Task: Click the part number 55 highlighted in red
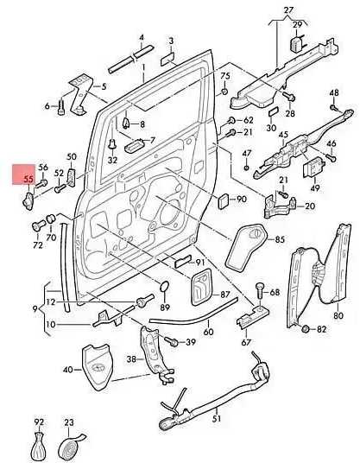coord(28,179)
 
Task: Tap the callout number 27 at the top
coord(288,10)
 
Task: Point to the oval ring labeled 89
coord(164,286)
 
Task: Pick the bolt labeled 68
coord(61,106)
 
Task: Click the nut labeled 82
coord(306,328)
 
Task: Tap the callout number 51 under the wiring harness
coord(217,418)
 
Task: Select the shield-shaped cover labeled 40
coord(97,367)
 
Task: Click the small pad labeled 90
coord(224,200)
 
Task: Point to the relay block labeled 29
coord(297,44)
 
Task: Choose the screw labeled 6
coord(61,106)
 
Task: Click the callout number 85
coord(280,239)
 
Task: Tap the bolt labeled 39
coord(172,341)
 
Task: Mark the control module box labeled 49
coord(313,168)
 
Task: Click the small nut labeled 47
coord(246,168)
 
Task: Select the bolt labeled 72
coord(37,226)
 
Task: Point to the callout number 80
coord(338,315)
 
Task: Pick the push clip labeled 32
coord(112,145)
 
